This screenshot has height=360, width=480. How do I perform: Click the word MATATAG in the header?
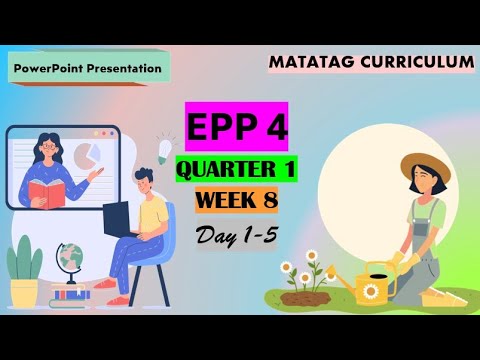pos(312,62)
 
